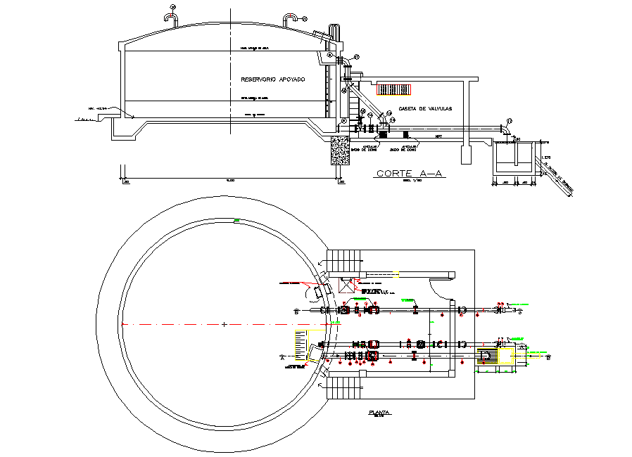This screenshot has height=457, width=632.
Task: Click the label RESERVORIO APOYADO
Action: [272, 80]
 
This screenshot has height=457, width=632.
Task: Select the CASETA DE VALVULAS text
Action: [424, 108]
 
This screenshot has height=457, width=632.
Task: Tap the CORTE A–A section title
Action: [403, 173]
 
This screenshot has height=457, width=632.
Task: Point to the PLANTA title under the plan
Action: [379, 413]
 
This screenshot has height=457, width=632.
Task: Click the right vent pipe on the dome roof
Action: [290, 17]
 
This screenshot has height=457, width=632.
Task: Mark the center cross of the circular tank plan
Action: [224, 324]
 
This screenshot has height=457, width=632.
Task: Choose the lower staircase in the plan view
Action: [345, 387]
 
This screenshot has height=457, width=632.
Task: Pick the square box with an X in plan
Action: [347, 285]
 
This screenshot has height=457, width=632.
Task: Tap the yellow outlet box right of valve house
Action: [488, 357]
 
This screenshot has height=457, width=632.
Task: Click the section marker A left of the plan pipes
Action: [282, 358]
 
